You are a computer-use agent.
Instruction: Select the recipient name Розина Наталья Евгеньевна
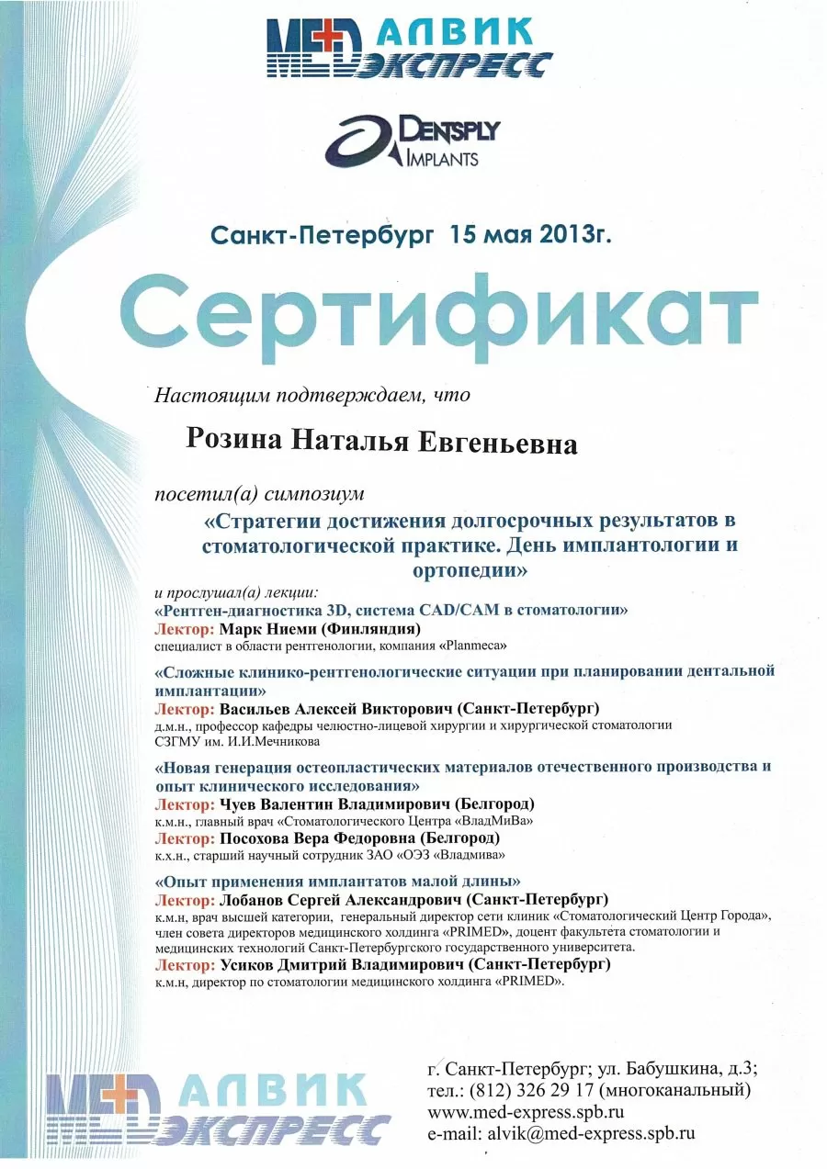pos(382,443)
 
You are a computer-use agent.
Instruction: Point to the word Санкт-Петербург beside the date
pos(322,235)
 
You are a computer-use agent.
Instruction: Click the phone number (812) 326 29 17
pos(533,1091)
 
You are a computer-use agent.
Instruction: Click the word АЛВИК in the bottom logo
pos(271,1092)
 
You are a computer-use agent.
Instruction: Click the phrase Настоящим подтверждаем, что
pos(312,396)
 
